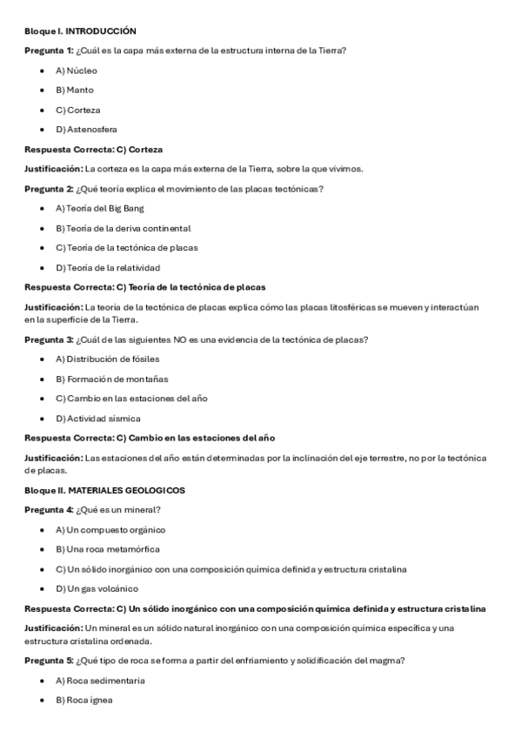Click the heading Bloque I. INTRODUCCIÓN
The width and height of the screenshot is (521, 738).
[x=81, y=30]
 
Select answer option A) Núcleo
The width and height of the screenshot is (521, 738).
[x=77, y=70]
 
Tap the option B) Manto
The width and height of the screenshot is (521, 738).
[x=75, y=90]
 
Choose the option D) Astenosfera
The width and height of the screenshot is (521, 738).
[x=86, y=130]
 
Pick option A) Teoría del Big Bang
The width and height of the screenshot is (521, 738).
[x=100, y=208]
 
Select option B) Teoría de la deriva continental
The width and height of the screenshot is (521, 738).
[x=123, y=228]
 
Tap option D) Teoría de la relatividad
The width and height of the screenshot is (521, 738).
[x=108, y=267]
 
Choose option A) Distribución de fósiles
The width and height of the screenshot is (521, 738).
[x=107, y=359]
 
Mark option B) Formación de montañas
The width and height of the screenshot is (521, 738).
[x=112, y=379]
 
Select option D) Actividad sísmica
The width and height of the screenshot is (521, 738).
[x=98, y=419]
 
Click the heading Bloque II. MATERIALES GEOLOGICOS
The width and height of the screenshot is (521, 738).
[x=104, y=490]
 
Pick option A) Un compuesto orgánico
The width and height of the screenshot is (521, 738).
[x=110, y=529]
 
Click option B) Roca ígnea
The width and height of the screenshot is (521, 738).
[x=84, y=700]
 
